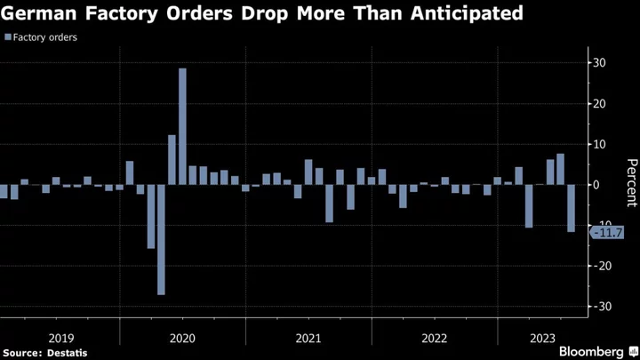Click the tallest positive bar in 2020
click(182, 126)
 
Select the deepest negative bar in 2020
click(161, 239)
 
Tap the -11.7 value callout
click(607, 233)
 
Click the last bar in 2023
click(571, 208)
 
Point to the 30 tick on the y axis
click(601, 63)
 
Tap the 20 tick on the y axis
click(601, 104)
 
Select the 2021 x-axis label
click(308, 338)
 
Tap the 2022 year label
click(435, 338)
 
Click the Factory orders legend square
click(8, 38)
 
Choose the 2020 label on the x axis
click(182, 338)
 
